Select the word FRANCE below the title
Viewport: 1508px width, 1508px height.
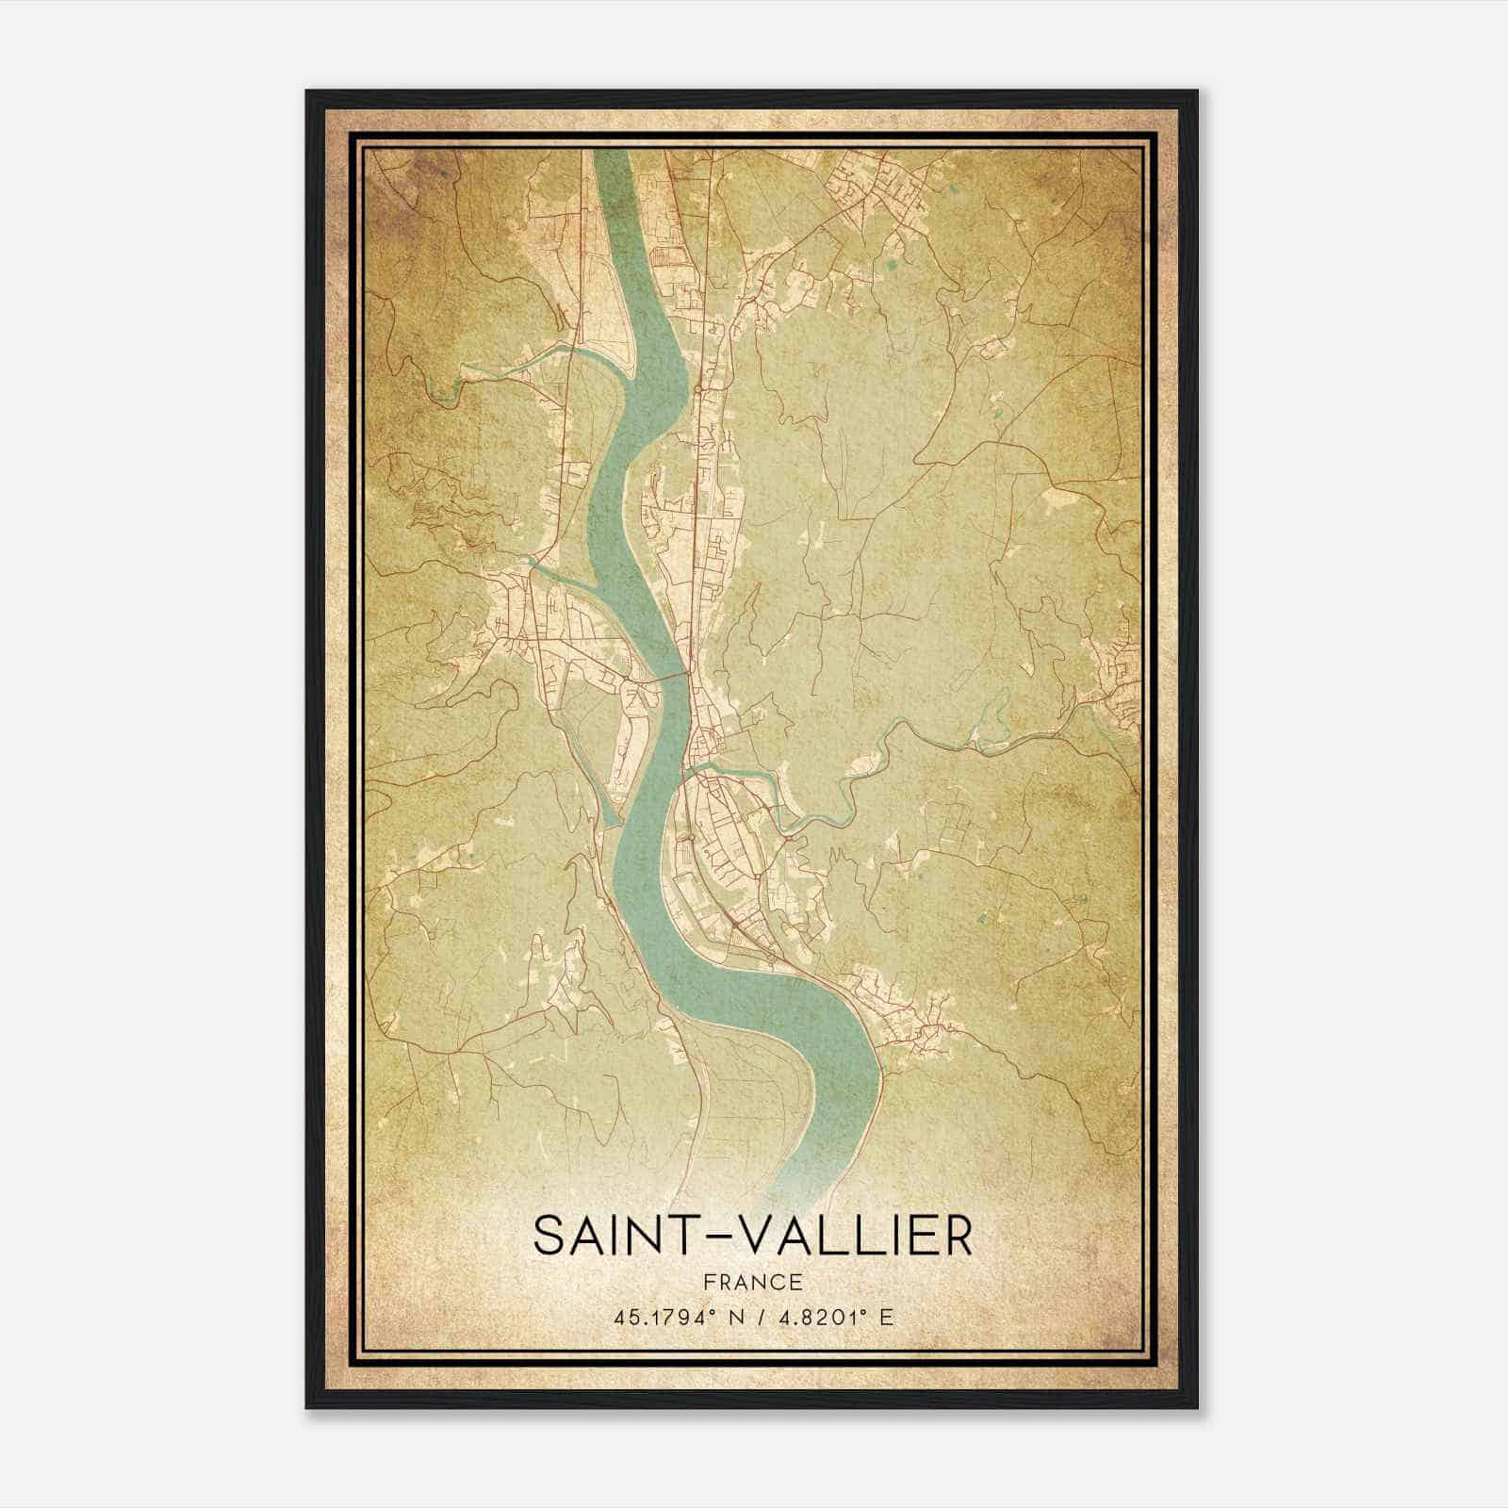pos(752,1282)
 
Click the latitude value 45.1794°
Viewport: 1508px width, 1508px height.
pos(660,1317)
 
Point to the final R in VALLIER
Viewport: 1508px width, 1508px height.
pos(957,1236)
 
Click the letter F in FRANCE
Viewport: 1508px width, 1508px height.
pos(711,1282)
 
